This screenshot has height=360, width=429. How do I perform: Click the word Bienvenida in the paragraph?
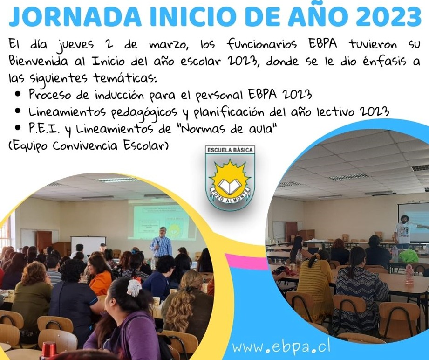point(38,61)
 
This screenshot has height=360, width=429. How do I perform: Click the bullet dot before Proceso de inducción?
point(18,94)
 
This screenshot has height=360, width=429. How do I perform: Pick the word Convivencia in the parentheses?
point(85,145)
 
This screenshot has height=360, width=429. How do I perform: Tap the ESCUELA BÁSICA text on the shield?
point(230,150)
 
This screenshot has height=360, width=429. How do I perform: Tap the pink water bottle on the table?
point(409,274)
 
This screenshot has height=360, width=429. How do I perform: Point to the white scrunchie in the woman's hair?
point(134,287)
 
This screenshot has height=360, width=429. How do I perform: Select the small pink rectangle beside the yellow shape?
point(246,262)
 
